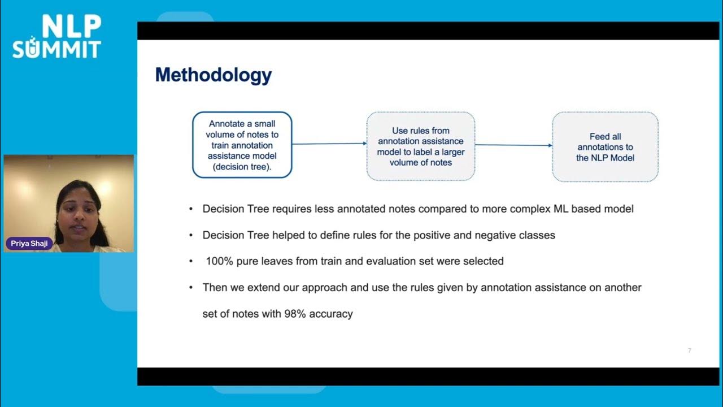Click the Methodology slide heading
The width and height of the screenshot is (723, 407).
tap(214, 75)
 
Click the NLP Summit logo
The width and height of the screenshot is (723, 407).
tap(56, 37)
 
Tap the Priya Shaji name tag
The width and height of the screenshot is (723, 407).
tap(29, 244)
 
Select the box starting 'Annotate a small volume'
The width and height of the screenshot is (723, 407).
tap(242, 145)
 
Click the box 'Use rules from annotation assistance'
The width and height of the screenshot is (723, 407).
tap(420, 146)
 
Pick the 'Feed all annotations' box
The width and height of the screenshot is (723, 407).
tap(605, 147)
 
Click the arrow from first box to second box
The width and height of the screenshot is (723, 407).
tap(329, 144)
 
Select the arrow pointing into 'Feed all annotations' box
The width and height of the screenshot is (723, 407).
tap(513, 145)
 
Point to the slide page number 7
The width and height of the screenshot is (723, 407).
tap(689, 350)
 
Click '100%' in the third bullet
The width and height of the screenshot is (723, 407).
tap(217, 261)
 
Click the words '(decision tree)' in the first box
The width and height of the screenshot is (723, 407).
tap(242, 167)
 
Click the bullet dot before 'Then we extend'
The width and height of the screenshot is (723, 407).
tap(191, 288)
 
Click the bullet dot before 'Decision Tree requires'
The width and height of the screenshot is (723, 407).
tap(191, 209)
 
